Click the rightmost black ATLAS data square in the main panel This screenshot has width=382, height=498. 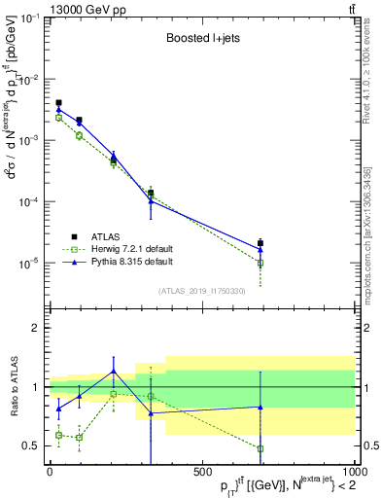tap(260, 243)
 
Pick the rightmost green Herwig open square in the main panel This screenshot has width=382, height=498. tap(260, 263)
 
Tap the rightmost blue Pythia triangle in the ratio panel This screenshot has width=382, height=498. tap(260, 407)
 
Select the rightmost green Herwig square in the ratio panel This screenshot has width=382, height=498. tap(260, 448)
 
